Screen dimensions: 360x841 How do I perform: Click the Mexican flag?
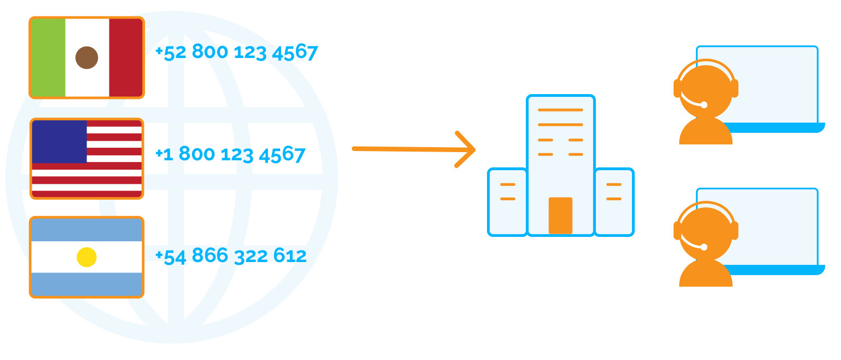click(86, 57)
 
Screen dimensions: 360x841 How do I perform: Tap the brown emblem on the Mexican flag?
click(86, 57)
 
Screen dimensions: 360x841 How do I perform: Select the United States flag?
click(86, 159)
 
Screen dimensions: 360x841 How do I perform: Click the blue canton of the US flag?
click(59, 142)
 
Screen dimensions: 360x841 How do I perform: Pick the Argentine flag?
click(86, 257)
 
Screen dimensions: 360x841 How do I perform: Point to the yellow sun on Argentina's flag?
click(86, 257)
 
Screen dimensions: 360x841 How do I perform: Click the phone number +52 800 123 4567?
click(236, 53)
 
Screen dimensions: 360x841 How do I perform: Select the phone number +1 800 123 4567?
click(230, 154)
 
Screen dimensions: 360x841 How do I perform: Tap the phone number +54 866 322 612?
click(230, 256)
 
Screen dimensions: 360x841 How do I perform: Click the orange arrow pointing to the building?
click(413, 149)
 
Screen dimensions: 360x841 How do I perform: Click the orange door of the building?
click(560, 216)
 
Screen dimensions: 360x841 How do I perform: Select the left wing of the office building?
click(507, 202)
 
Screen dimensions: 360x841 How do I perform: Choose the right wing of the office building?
click(614, 202)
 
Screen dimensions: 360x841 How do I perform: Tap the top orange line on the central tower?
click(560, 110)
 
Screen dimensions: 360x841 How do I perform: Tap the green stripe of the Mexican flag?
click(48, 57)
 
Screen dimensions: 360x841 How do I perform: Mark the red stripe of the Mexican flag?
click(126, 57)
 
